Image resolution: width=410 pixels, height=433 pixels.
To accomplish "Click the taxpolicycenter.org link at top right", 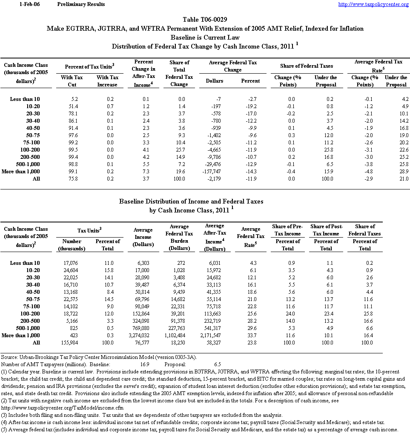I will click(x=373, y=4).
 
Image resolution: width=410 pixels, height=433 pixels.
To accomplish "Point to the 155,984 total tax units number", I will click(x=72, y=343).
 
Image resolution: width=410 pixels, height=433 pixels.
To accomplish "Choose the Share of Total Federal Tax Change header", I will click(x=179, y=73).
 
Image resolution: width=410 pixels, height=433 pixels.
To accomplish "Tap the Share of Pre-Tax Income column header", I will click(x=287, y=230).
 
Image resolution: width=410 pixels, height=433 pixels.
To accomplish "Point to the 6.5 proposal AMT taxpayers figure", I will click(x=217, y=364).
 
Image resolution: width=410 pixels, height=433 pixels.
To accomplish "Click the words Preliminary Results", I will click(x=81, y=4).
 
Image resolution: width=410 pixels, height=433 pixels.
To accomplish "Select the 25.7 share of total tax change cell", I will click(x=180, y=149).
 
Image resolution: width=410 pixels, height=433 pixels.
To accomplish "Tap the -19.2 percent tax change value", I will click(x=250, y=106).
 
